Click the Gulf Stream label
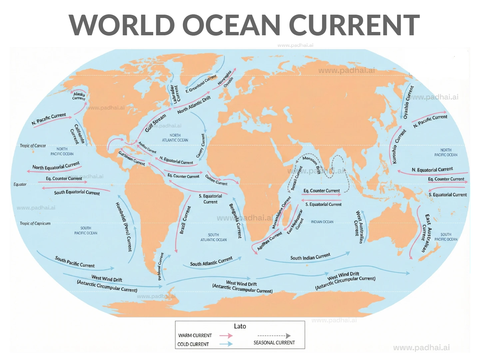(x=155, y=123)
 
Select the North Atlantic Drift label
(x=194, y=105)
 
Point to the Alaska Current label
(x=79, y=96)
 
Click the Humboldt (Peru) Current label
(x=124, y=226)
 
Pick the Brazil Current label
(x=185, y=220)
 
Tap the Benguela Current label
(x=235, y=221)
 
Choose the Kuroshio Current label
(x=399, y=146)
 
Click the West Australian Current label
(x=359, y=227)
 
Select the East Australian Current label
(x=426, y=233)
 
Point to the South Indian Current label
(x=310, y=256)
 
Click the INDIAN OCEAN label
(x=322, y=222)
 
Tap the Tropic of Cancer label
(x=33, y=146)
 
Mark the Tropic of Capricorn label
(x=35, y=223)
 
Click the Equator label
(x=20, y=184)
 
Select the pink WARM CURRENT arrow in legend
(x=226, y=336)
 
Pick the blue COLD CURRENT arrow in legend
(x=226, y=344)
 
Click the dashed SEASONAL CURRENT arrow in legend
(x=274, y=336)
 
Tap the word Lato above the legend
(x=240, y=326)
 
